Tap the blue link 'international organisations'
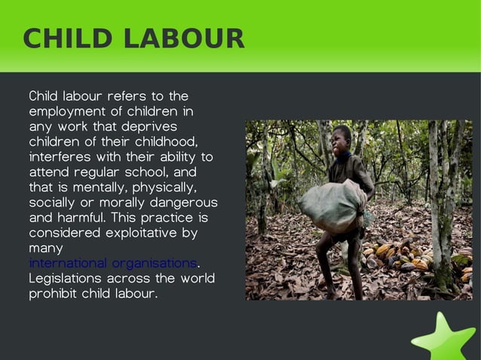pos(112,264)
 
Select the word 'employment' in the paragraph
pos(66,112)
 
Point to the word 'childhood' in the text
pos(168,142)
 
